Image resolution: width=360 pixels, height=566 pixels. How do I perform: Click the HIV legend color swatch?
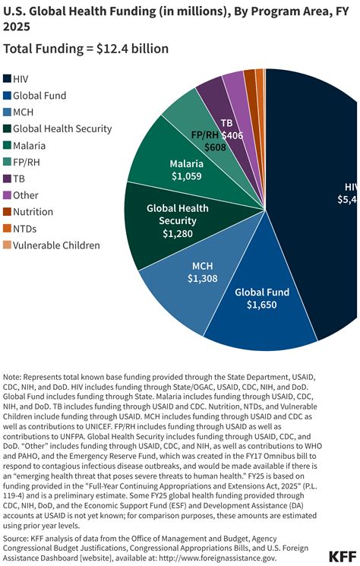8,78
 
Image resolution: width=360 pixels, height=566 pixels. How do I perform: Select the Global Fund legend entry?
39,95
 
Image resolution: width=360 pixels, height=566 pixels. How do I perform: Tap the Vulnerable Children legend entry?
56,245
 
